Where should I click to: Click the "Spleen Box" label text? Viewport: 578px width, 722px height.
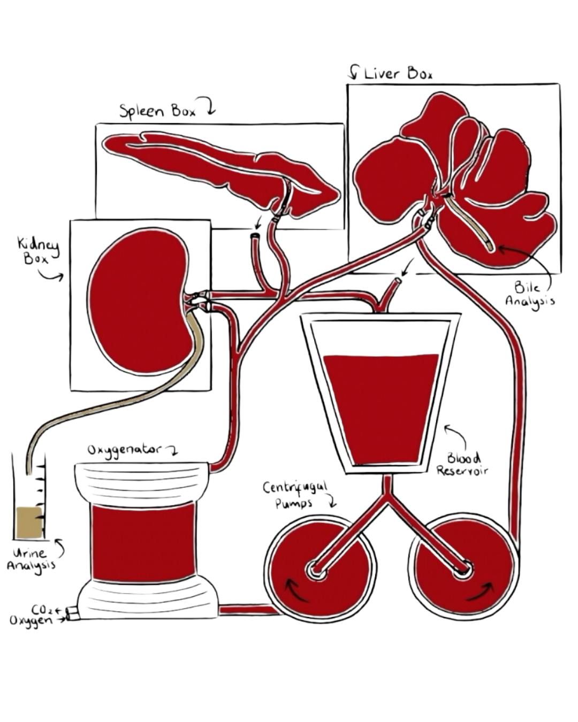pyautogui.click(x=157, y=111)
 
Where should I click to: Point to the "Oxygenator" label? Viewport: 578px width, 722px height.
pyautogui.click(x=124, y=450)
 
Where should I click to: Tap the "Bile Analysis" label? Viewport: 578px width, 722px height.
pyautogui.click(x=530, y=294)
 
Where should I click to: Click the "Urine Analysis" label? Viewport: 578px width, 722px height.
pyautogui.click(x=31, y=559)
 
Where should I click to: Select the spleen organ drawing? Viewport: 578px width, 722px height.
pyautogui.click(x=214, y=166)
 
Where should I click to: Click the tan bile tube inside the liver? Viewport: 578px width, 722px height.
pyautogui.click(x=471, y=225)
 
